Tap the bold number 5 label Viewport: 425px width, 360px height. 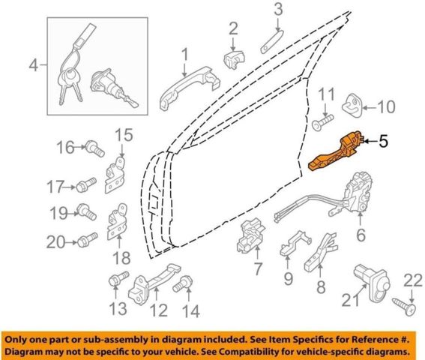(x=383, y=141)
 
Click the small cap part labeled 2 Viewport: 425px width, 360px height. (x=234, y=59)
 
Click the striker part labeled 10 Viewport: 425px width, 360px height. (x=352, y=104)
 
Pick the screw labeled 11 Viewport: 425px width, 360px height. (x=322, y=121)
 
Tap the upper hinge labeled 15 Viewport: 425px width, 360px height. (x=116, y=175)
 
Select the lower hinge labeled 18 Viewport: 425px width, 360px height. (x=118, y=222)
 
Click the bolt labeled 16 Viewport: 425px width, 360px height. (x=95, y=148)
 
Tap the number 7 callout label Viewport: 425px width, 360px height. (x=258, y=268)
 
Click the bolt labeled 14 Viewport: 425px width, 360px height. (x=183, y=283)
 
